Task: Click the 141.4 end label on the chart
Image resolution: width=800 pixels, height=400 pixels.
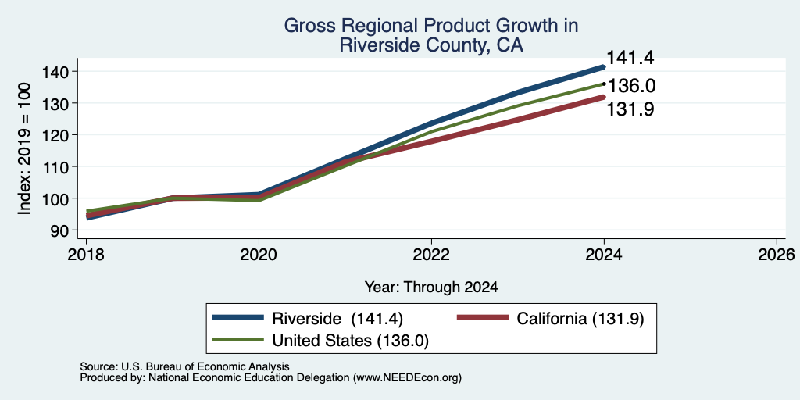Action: tap(630, 58)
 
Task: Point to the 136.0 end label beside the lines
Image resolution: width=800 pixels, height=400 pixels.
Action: tap(631, 86)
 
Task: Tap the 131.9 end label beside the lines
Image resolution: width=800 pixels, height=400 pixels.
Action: tap(630, 109)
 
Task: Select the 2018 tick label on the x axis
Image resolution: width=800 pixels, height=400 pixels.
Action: tap(86, 254)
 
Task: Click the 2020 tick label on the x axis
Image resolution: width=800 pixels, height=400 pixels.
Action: tap(259, 254)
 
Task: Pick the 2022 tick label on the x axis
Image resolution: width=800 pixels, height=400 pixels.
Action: tap(431, 254)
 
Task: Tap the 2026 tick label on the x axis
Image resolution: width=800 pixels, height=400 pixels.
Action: tap(777, 254)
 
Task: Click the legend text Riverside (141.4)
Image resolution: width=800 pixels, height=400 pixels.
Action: tap(337, 319)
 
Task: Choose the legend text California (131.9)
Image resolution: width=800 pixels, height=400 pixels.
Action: tap(580, 319)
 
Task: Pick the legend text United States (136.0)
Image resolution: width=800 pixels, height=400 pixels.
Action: tap(351, 341)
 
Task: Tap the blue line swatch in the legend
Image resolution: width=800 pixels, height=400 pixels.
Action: tap(238, 318)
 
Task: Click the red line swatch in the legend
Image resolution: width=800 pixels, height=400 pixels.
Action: tap(483, 318)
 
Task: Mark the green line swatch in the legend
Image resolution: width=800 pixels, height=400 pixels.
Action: tap(238, 340)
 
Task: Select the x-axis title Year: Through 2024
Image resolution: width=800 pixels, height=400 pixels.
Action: tap(431, 287)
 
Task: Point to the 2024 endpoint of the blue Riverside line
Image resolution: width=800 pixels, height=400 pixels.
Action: tap(604, 67)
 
